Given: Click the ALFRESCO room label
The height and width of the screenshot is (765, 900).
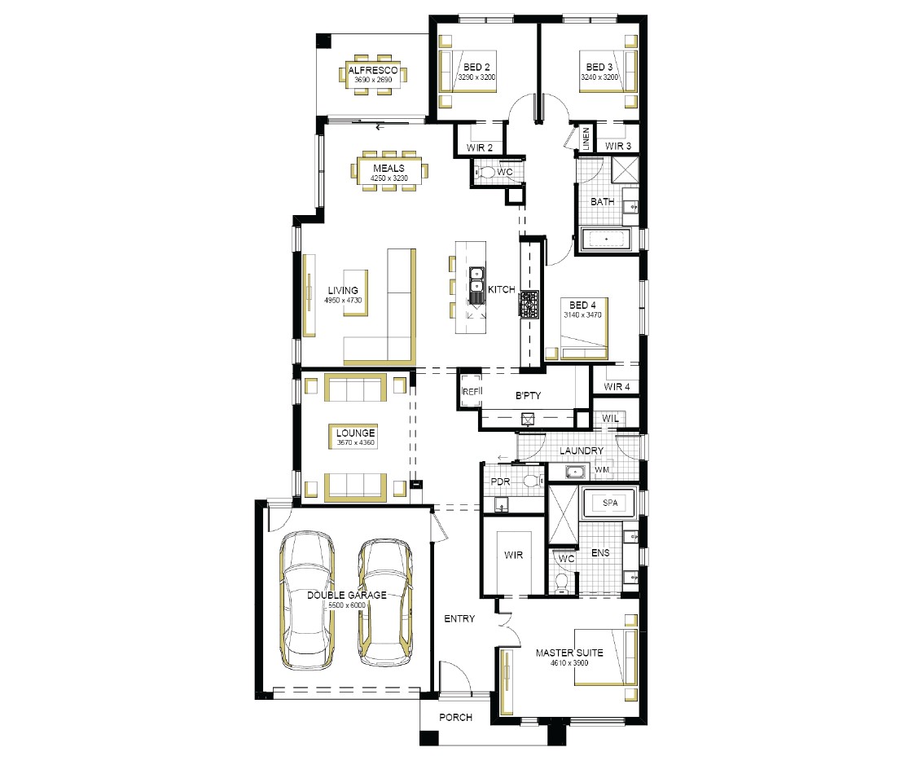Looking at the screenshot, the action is (x=372, y=70).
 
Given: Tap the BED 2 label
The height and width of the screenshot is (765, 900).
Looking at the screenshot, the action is (x=476, y=67).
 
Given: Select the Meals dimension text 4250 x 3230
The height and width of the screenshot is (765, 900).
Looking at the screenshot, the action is (x=389, y=178).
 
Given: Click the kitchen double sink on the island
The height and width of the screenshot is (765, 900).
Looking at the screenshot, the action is (x=476, y=285).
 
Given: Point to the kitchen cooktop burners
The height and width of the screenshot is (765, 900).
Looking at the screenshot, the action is (x=529, y=304).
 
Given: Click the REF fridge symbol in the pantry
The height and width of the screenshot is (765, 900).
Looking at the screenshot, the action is (x=471, y=391).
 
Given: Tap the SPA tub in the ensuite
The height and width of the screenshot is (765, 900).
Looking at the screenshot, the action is (x=609, y=503).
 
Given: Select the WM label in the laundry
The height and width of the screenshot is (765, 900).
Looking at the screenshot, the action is (x=602, y=470).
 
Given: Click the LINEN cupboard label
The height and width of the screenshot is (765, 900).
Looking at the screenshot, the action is (x=586, y=139).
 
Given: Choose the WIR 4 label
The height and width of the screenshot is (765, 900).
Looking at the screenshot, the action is (x=617, y=386).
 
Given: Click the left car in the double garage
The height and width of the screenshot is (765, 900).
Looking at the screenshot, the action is (x=307, y=600).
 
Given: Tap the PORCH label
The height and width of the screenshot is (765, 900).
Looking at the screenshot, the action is (x=456, y=717).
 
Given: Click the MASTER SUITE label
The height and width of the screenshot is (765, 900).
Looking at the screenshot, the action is (x=569, y=653).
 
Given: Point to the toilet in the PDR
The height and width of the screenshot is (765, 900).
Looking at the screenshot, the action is (x=533, y=481).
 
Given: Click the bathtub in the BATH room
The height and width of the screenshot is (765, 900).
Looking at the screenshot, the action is (x=605, y=239).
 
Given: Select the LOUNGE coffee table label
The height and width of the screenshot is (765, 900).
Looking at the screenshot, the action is (x=355, y=433).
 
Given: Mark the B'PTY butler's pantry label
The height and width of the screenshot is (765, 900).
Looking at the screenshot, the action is (x=528, y=396).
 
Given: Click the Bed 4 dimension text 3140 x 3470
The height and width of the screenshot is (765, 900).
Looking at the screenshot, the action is (x=582, y=314).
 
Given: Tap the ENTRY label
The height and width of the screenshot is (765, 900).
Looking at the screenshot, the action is (x=459, y=618).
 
